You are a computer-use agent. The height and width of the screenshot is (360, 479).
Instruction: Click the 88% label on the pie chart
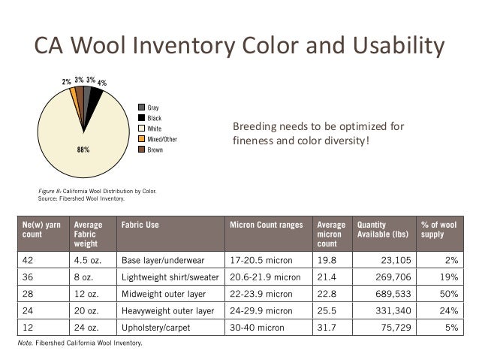[x=83, y=149]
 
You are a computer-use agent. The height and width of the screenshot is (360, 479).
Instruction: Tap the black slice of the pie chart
[x=96, y=96]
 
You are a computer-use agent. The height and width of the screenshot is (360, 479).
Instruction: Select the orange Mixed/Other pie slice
[x=73, y=93]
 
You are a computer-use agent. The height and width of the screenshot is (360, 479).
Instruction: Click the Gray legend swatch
[x=141, y=107]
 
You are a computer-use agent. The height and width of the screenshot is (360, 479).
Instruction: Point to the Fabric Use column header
[x=140, y=224]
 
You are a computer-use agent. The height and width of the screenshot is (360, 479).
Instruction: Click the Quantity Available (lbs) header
[x=382, y=229]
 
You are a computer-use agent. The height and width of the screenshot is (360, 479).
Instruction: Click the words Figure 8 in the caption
[x=51, y=192]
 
